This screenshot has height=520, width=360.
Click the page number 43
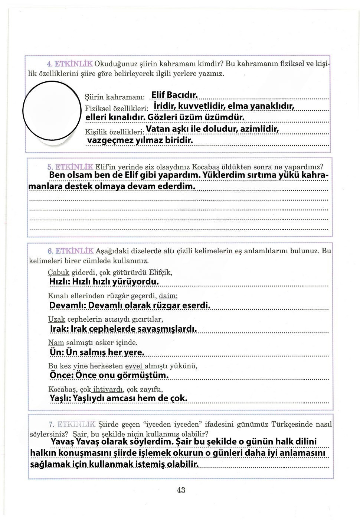point(181,490)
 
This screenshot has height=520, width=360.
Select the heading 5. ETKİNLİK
point(71,167)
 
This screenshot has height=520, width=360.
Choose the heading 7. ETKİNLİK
point(72,424)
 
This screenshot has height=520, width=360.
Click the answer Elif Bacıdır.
point(174,95)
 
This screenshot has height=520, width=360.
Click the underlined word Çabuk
point(59,273)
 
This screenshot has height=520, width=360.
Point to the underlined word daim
point(168,296)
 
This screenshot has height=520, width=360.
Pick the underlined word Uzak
point(56,319)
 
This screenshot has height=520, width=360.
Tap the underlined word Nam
point(56,342)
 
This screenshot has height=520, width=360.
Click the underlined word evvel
point(134,366)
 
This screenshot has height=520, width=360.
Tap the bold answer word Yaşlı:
point(60,399)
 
